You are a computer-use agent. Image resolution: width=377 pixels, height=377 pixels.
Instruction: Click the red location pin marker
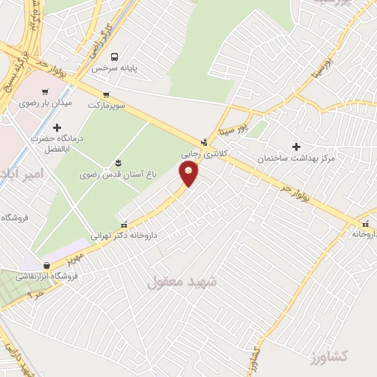189,173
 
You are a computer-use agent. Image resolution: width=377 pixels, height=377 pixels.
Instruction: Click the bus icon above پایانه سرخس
114,57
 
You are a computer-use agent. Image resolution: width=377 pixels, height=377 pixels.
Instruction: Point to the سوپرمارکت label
108,105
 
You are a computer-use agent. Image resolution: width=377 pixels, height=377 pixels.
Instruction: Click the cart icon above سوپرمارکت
107,94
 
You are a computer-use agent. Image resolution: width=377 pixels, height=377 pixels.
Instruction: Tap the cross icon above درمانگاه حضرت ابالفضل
57,127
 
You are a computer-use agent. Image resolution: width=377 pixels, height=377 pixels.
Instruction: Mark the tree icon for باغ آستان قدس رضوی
117,163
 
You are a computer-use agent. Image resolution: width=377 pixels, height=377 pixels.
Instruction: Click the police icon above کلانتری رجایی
204,142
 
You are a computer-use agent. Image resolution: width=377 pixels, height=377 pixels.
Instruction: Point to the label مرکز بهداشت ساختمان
297,158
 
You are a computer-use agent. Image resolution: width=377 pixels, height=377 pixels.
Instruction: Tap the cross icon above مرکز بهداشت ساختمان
297,147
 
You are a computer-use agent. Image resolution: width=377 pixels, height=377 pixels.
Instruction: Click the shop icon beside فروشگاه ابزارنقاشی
46,266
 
